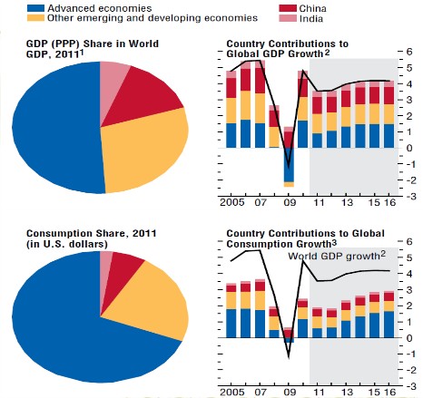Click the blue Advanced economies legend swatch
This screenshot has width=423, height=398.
pos(35,8)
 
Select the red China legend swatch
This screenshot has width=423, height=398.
pos(288,8)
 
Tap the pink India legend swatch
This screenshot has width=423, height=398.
pos(288,18)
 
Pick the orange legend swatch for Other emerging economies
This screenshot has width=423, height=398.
pos(35,18)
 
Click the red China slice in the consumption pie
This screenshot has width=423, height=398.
pos(121,278)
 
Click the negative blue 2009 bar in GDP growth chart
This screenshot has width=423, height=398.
pos(289,165)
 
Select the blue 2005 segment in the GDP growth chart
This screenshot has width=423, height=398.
pos(231,135)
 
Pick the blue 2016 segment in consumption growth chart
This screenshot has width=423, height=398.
pos(389,325)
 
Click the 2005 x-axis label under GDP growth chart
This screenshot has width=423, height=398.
pos(232,202)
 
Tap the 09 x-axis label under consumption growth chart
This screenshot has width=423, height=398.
pos(289,393)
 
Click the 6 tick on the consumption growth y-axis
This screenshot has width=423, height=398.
pos(409,241)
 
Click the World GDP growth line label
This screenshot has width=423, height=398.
pos(337,256)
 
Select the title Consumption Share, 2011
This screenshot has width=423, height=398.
pos(92,234)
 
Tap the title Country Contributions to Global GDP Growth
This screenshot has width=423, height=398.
pos(288,49)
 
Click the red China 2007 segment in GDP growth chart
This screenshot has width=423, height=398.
pos(260,81)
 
